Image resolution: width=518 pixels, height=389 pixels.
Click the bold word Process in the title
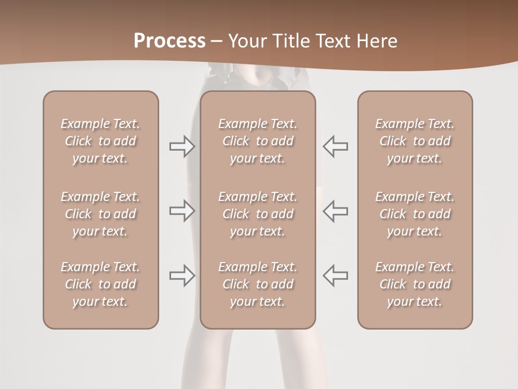point(169,41)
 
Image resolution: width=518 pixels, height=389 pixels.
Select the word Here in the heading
point(377,41)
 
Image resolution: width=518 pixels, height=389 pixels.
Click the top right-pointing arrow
point(182,146)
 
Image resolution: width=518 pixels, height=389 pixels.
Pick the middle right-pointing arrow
point(182,211)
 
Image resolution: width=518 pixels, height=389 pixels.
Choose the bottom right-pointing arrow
point(182,275)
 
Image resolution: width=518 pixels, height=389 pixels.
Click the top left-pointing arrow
point(335,146)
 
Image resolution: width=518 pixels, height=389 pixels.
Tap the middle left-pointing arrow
point(335,211)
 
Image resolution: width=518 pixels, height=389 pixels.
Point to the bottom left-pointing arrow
point(335,275)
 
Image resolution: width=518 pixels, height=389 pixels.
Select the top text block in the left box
point(100,141)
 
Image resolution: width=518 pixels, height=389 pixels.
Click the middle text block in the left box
point(100,214)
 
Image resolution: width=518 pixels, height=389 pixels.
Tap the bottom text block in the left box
point(100,284)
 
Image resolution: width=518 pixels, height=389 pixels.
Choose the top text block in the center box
point(258,141)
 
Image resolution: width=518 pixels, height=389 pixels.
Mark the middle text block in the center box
point(258,214)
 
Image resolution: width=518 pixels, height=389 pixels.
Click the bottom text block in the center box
point(258,284)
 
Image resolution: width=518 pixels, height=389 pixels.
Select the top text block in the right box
point(415,141)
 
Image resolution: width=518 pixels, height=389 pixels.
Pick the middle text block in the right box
point(415,214)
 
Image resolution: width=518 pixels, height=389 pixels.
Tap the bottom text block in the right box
point(415,284)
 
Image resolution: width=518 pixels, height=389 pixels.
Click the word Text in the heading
point(333,41)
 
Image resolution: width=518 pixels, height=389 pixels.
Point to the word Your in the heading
point(247,41)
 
